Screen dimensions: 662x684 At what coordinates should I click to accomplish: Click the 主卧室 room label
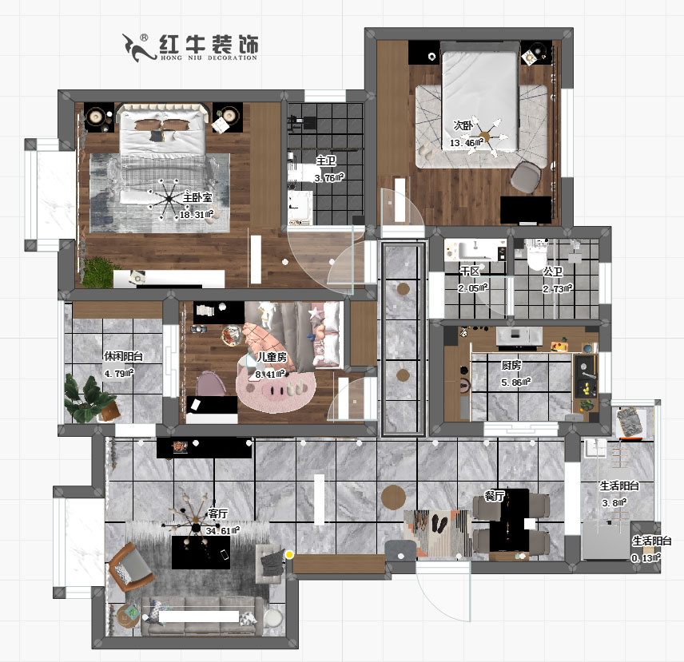click(197, 197)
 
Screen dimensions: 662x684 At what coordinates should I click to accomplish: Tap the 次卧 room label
click(463, 125)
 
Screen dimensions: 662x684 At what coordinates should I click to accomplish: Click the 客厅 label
click(218, 513)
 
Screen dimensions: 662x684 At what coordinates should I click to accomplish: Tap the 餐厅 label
click(495, 496)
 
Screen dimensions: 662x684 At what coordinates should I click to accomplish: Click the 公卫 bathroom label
click(553, 272)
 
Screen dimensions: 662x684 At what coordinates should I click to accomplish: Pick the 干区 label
click(469, 272)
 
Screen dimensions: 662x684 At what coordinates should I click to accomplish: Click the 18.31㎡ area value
click(194, 215)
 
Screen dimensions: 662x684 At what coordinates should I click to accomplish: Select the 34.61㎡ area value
click(223, 529)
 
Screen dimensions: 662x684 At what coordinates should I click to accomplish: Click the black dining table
click(509, 519)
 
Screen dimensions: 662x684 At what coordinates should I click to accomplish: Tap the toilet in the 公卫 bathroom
click(534, 256)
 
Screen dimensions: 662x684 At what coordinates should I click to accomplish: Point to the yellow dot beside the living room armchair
click(289, 553)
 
